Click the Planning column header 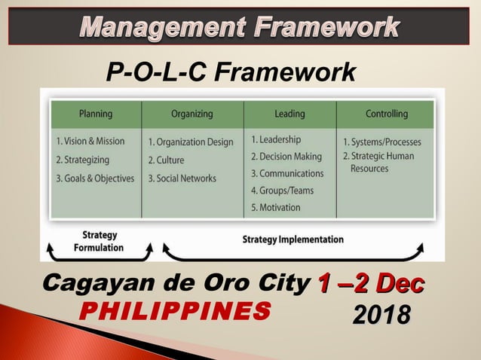pos(95,114)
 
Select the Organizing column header pos(191,114)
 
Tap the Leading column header pos(290,114)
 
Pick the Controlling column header pos(386,114)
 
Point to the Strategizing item pos(82,160)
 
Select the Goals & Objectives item pos(95,178)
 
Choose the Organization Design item pos(190,142)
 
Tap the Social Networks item pos(182,178)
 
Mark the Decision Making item pos(286,157)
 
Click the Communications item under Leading pos(286,173)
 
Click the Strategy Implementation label pos(293,239)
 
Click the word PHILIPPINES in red pos(175,310)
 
